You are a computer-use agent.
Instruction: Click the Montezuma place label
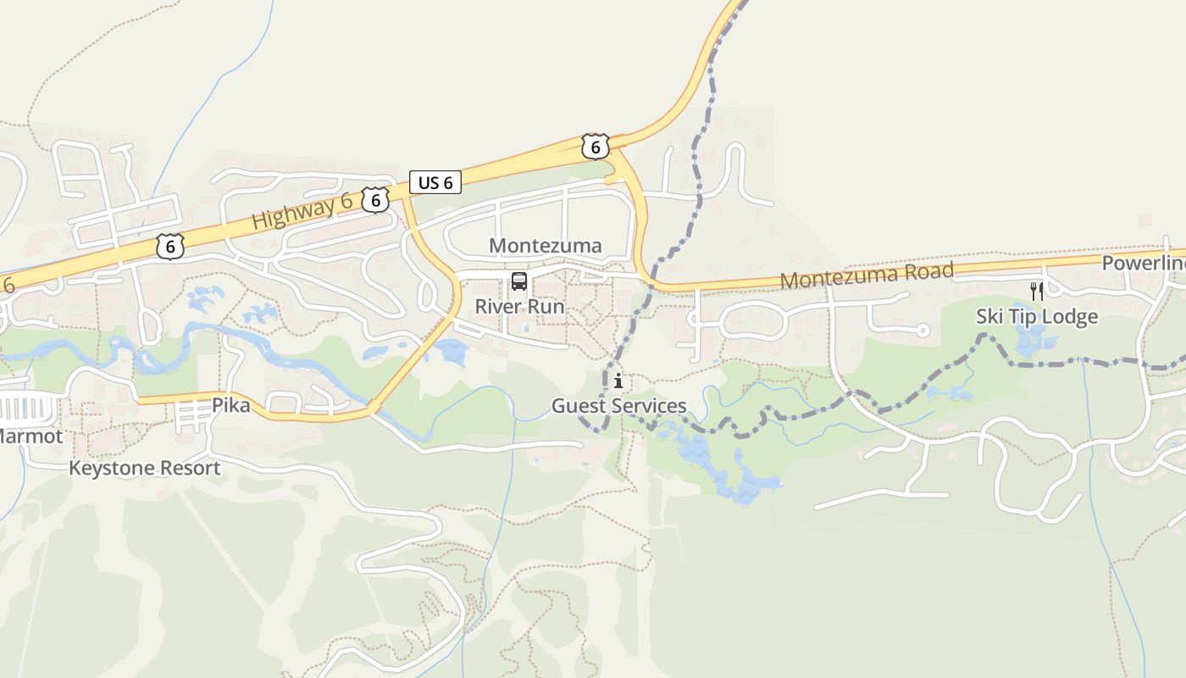pyautogui.click(x=546, y=246)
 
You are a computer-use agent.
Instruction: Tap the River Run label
pyautogui.click(x=519, y=306)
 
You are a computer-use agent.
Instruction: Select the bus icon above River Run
pyautogui.click(x=519, y=281)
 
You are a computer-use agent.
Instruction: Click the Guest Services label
pyautogui.click(x=618, y=406)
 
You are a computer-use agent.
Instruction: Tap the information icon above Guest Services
pyautogui.click(x=618, y=381)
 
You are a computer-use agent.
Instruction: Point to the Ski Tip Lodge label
pyautogui.click(x=1037, y=317)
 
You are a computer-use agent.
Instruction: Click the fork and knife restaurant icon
pyautogui.click(x=1037, y=292)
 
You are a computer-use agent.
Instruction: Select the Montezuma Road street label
pyautogui.click(x=867, y=275)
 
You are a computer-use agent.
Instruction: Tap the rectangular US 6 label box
pyautogui.click(x=435, y=182)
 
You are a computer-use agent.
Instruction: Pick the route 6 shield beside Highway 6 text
pyautogui.click(x=375, y=200)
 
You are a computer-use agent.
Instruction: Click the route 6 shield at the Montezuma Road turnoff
pyautogui.click(x=596, y=146)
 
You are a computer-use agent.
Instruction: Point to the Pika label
pyautogui.click(x=231, y=405)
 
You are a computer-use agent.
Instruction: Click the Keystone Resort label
pyautogui.click(x=144, y=468)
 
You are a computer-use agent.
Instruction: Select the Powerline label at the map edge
pyautogui.click(x=1144, y=264)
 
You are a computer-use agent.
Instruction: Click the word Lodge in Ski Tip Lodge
pyautogui.click(x=1068, y=317)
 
